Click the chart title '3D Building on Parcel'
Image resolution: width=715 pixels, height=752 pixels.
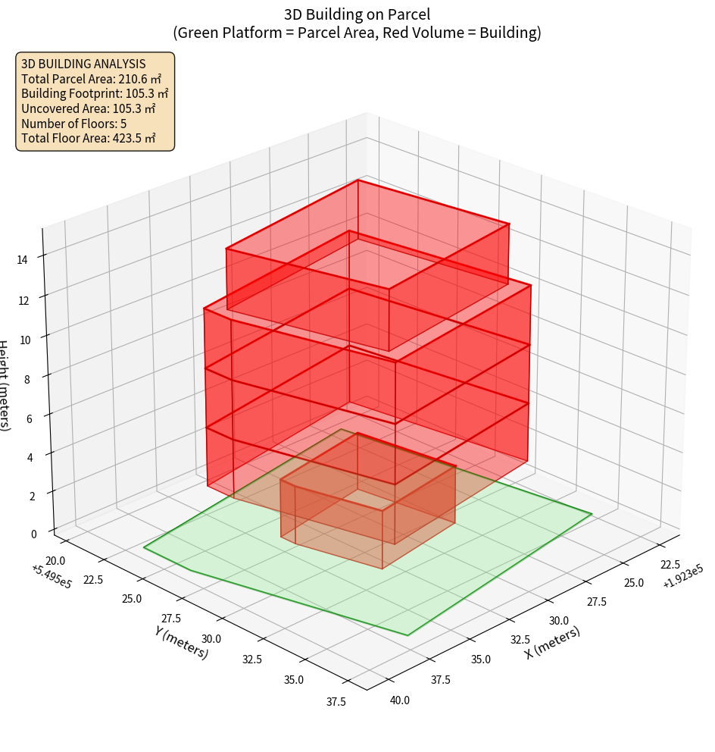point(357,14)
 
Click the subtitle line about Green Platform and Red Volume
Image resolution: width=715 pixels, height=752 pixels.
point(357,33)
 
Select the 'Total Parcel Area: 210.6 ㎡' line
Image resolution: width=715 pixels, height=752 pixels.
point(92,79)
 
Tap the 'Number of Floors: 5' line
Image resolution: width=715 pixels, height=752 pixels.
point(74,124)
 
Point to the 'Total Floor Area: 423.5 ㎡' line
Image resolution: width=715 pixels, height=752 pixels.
point(89,139)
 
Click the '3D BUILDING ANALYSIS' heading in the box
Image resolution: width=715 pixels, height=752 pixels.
point(83,64)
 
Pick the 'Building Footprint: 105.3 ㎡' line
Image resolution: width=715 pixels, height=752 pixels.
point(95,94)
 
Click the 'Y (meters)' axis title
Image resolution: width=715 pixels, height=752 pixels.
point(182,641)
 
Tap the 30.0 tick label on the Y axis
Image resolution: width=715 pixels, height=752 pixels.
point(211,639)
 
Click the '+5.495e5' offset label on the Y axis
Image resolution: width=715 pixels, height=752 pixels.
point(52,575)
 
